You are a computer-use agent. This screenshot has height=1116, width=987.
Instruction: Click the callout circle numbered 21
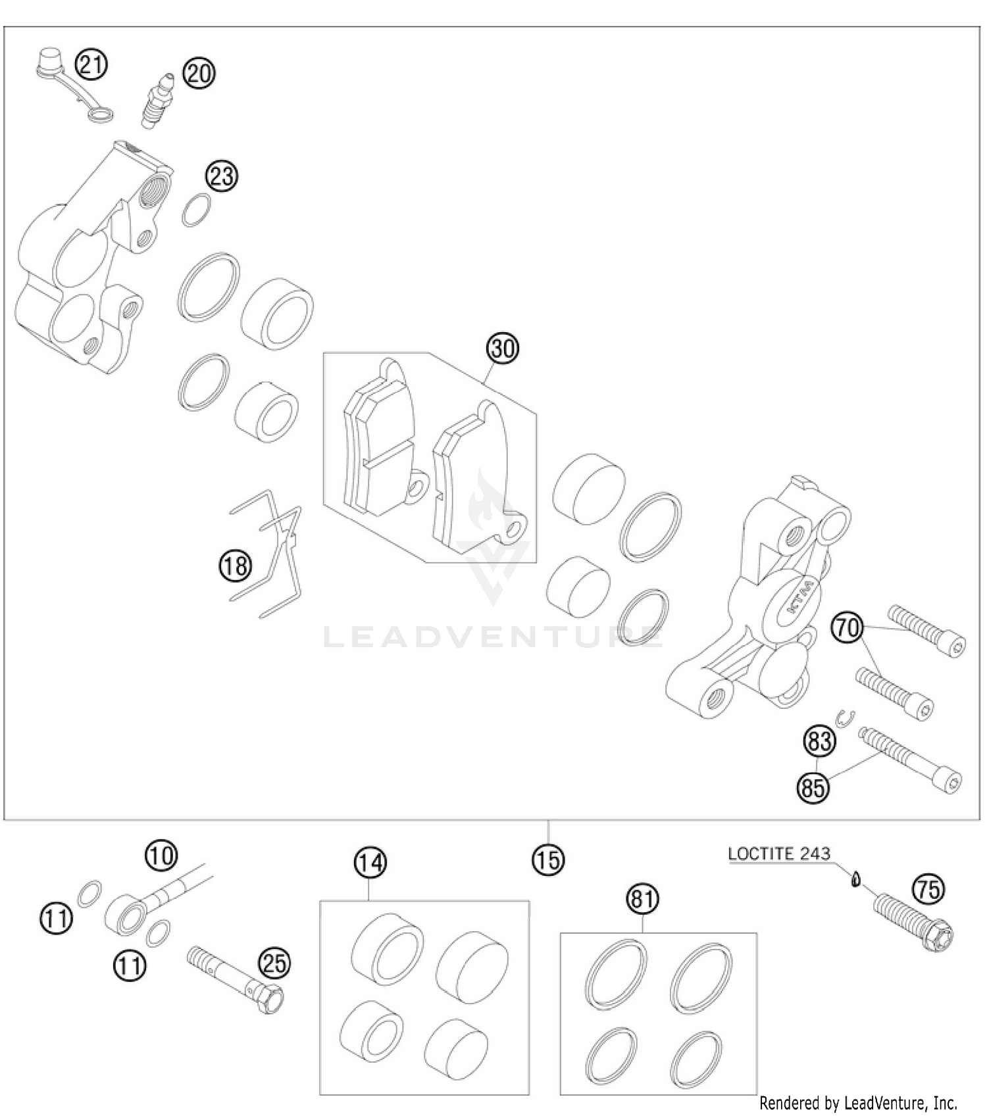pyautogui.click(x=91, y=64)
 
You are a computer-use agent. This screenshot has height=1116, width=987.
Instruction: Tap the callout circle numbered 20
pyautogui.click(x=199, y=73)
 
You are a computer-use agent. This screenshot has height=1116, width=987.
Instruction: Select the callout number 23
pyautogui.click(x=221, y=176)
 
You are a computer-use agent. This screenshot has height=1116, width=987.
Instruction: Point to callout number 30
pyautogui.click(x=503, y=347)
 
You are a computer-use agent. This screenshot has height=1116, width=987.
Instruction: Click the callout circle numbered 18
pyautogui.click(x=236, y=566)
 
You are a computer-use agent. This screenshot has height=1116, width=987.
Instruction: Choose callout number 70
pyautogui.click(x=847, y=627)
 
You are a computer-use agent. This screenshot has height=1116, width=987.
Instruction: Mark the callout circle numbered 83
pyautogui.click(x=819, y=742)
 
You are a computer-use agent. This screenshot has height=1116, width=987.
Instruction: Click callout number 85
pyautogui.click(x=813, y=787)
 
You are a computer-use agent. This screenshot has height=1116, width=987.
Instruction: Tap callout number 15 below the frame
pyautogui.click(x=548, y=860)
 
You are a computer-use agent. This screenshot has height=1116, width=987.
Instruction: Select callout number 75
pyautogui.click(x=928, y=890)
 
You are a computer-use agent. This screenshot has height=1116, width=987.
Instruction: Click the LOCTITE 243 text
pyautogui.click(x=779, y=854)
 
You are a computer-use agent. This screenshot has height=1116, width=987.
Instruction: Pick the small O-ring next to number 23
pyautogui.click(x=196, y=210)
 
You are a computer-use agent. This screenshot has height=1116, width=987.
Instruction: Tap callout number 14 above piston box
pyautogui.click(x=370, y=862)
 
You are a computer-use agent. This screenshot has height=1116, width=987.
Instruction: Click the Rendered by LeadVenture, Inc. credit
pyautogui.click(x=857, y=1102)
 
